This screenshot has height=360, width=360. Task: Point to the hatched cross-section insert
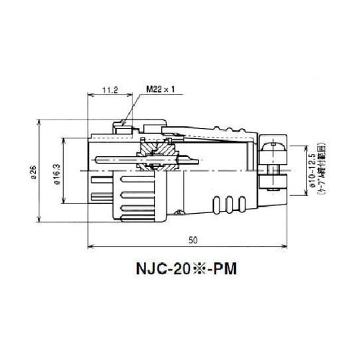click(152, 153)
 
